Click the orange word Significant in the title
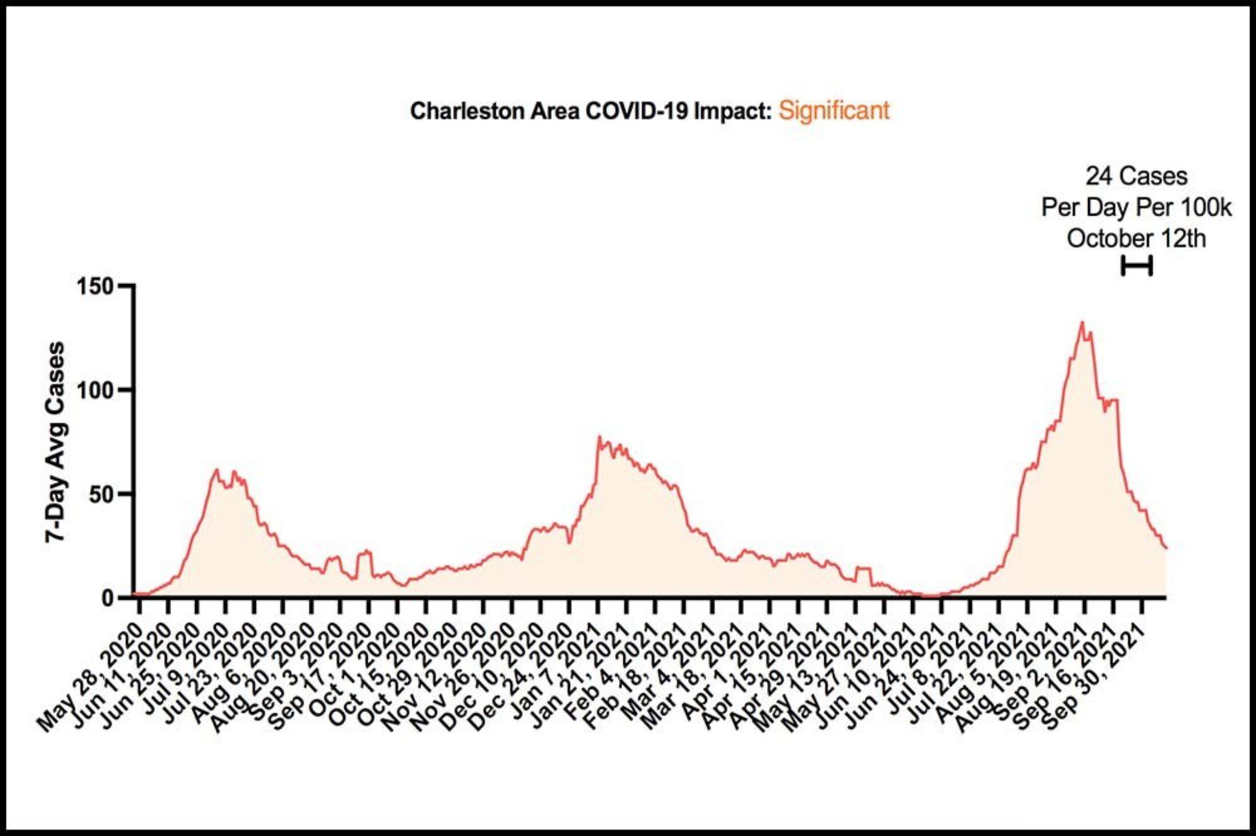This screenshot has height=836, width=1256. tap(834, 110)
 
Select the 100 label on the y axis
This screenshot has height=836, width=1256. tap(95, 390)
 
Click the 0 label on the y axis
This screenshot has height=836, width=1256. tap(108, 598)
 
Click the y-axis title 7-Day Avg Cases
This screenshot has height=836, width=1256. tap(55, 442)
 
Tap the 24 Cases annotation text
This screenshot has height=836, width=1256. tap(1136, 176)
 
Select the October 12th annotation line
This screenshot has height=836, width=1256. tap(1136, 239)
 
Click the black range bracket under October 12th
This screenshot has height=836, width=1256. tap(1137, 266)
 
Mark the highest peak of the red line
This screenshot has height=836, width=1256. tap(1081, 322)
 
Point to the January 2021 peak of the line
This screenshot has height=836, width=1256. tap(599, 437)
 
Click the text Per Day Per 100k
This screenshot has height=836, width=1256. tap(1136, 208)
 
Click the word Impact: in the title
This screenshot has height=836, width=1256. tap(732, 111)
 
